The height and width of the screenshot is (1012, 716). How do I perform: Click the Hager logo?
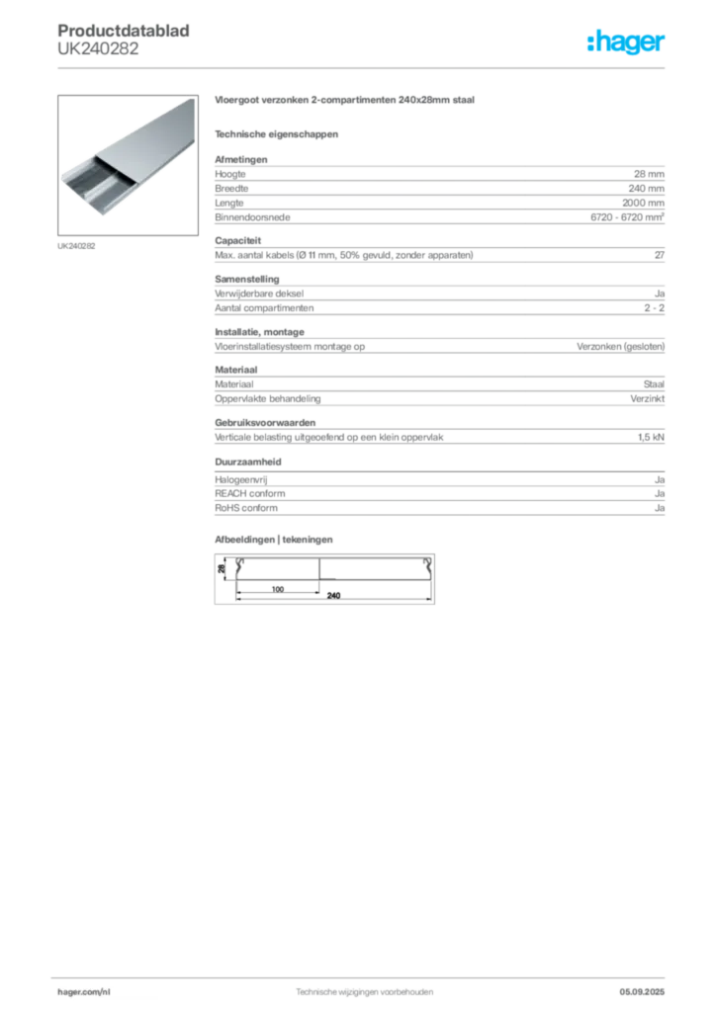(626, 42)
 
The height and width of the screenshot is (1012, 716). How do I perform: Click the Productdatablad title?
(124, 31)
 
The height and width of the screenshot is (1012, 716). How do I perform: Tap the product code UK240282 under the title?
(98, 49)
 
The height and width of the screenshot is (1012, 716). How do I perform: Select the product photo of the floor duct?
(128, 165)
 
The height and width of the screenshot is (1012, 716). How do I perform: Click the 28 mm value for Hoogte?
(649, 174)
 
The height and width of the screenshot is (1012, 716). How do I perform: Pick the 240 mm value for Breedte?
(646, 189)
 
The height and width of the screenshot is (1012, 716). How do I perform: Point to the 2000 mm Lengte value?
(643, 203)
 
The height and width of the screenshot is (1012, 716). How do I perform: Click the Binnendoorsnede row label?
(252, 217)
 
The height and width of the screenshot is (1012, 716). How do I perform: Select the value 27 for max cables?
(660, 255)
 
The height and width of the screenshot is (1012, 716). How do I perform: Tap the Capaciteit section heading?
(237, 241)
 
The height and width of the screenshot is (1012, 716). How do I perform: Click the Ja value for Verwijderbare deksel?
(660, 294)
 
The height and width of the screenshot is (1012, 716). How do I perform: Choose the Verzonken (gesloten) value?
(620, 347)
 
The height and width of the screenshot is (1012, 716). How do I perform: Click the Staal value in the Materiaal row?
(654, 384)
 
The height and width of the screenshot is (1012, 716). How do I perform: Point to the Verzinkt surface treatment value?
(648, 399)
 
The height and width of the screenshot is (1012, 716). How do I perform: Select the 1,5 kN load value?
(651, 438)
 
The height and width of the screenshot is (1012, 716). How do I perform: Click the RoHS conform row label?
(246, 508)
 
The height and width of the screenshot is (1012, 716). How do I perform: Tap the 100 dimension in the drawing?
(278, 589)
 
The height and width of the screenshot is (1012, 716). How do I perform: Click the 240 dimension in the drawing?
(334, 596)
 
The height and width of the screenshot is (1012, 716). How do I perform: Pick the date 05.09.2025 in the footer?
(642, 992)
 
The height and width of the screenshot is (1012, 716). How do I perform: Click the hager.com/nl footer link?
(84, 992)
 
